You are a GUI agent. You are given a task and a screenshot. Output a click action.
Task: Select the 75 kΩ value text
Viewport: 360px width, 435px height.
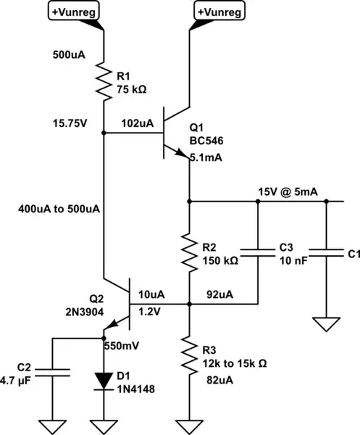pos(133,89)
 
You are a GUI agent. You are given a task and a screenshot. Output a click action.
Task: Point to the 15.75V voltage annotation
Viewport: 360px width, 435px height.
pos(70,123)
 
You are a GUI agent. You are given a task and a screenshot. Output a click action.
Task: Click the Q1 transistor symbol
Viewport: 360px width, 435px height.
pos(173,133)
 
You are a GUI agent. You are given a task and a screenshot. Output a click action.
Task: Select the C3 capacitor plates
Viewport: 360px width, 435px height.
pos(258,254)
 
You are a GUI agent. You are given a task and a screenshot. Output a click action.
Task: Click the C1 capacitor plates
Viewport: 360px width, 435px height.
pos(327,254)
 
